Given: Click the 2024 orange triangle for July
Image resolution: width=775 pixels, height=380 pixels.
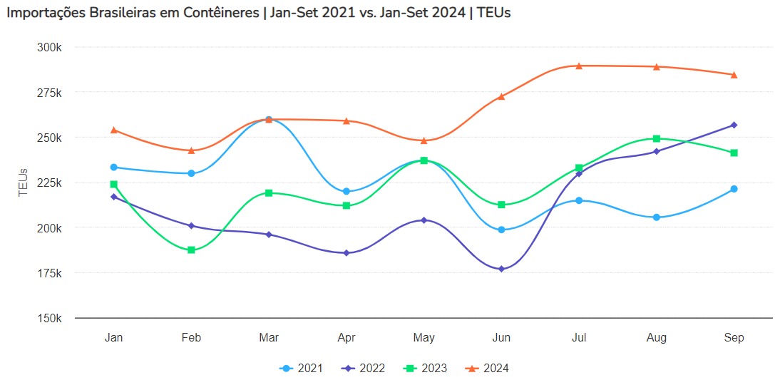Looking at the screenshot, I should click(x=579, y=66).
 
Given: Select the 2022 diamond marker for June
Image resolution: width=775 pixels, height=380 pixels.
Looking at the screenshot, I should click(x=501, y=269).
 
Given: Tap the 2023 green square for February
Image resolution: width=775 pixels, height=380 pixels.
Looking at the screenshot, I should click(x=191, y=250).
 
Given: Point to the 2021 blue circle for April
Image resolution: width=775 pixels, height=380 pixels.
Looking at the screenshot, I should click(x=347, y=191).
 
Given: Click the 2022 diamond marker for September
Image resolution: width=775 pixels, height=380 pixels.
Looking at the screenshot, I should click(x=734, y=125).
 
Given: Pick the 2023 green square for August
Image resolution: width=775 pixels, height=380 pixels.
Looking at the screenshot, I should click(x=657, y=138).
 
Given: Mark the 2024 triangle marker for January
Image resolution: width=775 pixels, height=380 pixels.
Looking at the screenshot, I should click(x=114, y=130).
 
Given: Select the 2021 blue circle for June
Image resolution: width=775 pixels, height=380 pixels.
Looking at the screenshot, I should click(x=501, y=230).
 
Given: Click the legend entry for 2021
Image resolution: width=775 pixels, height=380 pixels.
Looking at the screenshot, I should click(x=301, y=368).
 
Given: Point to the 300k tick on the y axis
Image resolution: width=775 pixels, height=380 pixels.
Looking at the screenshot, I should click(x=51, y=47).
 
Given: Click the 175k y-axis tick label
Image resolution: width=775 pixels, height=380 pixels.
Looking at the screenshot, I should click(x=51, y=273).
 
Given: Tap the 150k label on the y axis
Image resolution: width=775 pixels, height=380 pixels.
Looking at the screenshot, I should click(x=51, y=318).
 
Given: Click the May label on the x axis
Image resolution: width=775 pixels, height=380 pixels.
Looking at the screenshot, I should click(x=424, y=337).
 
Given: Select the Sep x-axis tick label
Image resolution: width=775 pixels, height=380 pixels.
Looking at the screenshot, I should click(x=734, y=337).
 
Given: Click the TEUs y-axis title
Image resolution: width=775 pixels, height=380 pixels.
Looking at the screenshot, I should click(x=23, y=183).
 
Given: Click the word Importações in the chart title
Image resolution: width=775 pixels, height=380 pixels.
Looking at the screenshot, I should click(x=46, y=14).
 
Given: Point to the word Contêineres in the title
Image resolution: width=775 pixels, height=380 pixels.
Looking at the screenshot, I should click(x=220, y=14).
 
